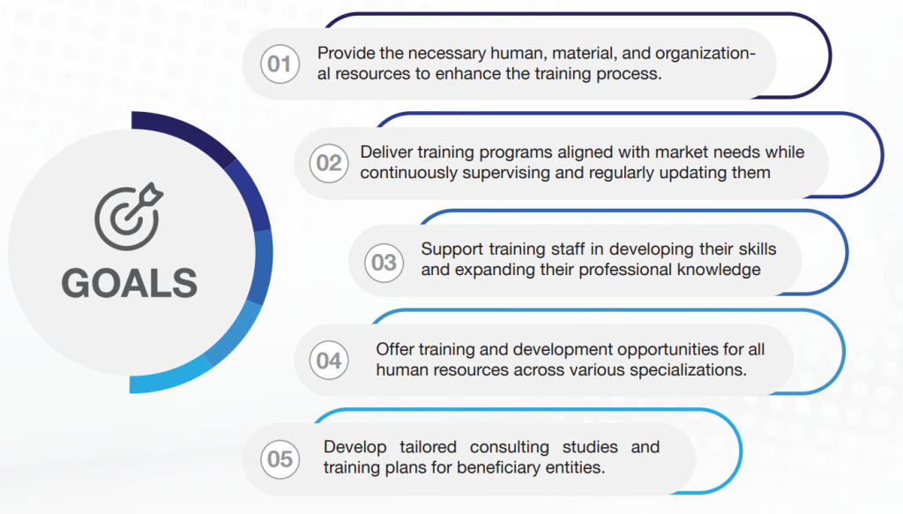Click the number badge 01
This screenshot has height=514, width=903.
click(x=280, y=63)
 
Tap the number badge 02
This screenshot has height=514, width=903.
click(x=329, y=163)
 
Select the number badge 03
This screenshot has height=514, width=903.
click(x=384, y=263)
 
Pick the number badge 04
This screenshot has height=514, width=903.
click(x=329, y=361)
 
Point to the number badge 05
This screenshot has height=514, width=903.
click(x=280, y=459)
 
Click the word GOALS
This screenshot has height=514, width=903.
click(x=130, y=283)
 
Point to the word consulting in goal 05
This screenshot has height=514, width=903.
click(x=509, y=448)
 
